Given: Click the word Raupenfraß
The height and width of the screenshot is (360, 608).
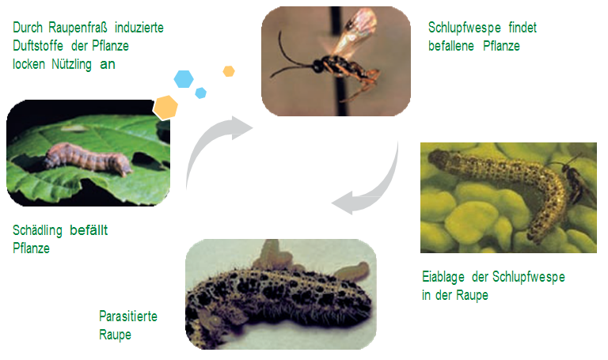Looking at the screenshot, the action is [79, 28].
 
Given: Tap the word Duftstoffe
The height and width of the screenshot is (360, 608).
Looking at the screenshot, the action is [38, 46].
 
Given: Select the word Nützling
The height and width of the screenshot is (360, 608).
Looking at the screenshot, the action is [71, 64].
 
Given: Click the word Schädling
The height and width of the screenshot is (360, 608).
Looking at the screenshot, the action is [37, 230].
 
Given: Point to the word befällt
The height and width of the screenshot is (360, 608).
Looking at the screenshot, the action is [89, 230].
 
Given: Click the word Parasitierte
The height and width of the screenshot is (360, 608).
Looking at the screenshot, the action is [128, 316].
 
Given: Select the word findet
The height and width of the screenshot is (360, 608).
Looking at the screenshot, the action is [522, 28].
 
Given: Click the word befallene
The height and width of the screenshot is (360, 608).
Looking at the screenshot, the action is [451, 46].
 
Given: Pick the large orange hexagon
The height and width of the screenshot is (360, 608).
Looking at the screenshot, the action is [165, 108].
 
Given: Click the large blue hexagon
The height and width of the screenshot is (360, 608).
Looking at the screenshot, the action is [184, 78].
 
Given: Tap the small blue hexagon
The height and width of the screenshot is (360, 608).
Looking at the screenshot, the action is [200, 93].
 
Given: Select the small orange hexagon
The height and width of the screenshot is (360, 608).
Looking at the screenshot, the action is [229, 71].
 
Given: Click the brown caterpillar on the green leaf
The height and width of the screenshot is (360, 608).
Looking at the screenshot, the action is [87, 158].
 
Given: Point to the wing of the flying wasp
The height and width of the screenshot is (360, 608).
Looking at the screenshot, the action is [355, 33].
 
